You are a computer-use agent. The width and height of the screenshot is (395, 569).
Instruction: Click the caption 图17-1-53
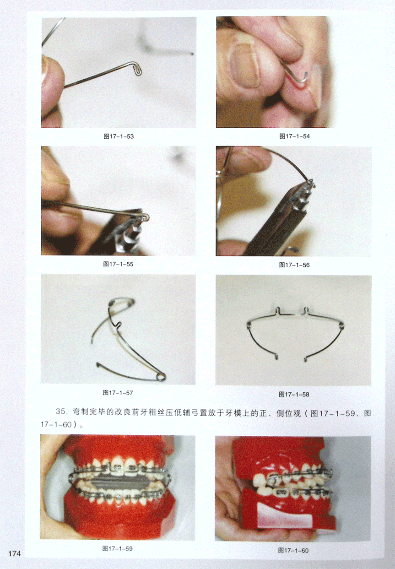(119, 136)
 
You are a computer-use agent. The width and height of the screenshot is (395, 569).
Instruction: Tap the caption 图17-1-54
(295, 136)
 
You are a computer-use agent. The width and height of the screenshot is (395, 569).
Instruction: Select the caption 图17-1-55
(118, 264)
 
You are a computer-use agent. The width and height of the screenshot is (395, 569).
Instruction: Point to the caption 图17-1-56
(294, 265)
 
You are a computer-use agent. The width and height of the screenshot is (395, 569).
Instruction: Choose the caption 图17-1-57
(118, 393)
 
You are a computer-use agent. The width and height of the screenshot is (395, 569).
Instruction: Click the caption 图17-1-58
(294, 394)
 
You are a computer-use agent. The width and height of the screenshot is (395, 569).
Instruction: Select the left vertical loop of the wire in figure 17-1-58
(278, 310)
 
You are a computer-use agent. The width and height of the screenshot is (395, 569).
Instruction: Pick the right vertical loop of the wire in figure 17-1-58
(306, 310)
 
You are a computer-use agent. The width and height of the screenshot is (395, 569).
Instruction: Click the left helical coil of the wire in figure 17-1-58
(249, 325)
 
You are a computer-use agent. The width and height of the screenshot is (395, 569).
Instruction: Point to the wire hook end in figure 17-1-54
(305, 77)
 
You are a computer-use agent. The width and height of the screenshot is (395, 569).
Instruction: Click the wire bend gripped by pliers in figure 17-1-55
(145, 217)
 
